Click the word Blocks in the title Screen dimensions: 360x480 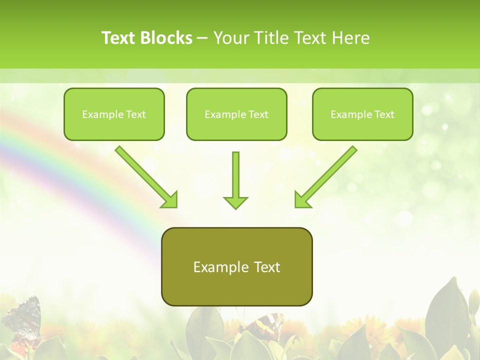click(x=167, y=38)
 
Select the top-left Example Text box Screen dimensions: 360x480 click(x=114, y=114)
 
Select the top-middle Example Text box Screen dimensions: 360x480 click(x=236, y=114)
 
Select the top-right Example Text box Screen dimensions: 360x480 click(x=362, y=114)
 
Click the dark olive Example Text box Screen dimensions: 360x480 click(x=236, y=267)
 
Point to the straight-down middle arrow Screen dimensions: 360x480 click(x=235, y=175)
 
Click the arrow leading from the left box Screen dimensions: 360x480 click(x=142, y=173)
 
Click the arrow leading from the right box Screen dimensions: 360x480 click(x=330, y=173)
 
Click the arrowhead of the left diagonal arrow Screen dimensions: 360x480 click(x=170, y=200)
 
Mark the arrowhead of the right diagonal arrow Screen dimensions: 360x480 click(x=301, y=200)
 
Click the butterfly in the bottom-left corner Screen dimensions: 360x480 click(x=22, y=320)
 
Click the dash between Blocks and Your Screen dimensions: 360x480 click(x=202, y=38)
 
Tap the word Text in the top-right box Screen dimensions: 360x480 click(x=384, y=114)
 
